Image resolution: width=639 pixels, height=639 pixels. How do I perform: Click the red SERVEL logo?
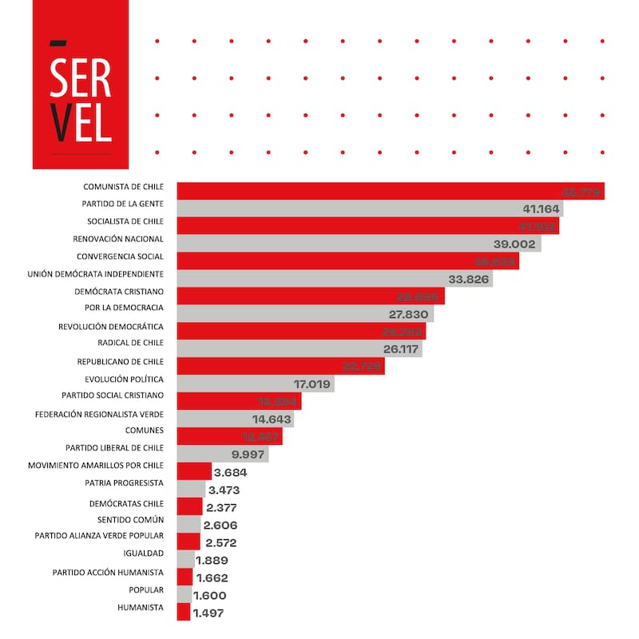click(80, 85)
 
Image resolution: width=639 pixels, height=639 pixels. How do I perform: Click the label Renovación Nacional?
click(118, 239)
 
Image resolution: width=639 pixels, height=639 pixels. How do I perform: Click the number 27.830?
click(411, 314)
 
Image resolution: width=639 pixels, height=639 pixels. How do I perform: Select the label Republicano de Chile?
click(119, 362)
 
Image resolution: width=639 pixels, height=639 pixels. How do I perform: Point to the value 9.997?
click(248, 454)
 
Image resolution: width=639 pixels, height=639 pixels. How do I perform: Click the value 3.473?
click(224, 490)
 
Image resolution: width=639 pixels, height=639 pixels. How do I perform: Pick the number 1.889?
click(212, 560)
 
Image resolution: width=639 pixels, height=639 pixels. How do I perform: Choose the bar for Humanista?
click(184, 613)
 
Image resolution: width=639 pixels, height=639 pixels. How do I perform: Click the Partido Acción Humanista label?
click(108, 573)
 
